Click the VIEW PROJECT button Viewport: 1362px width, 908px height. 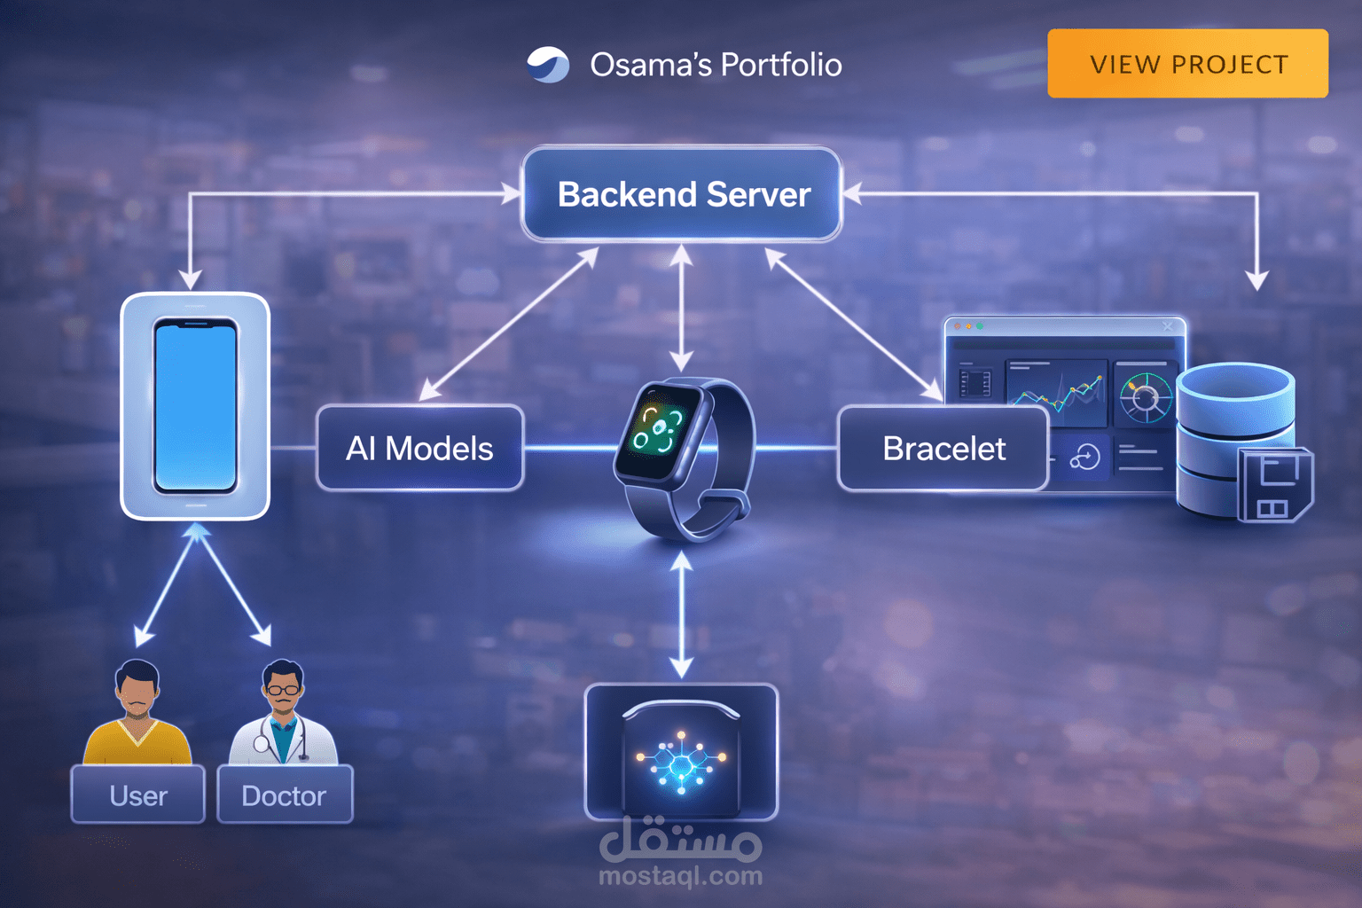point(1187,64)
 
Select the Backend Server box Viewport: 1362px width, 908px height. point(682,194)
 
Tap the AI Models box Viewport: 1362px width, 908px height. point(419,449)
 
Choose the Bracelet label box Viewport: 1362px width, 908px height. point(943,449)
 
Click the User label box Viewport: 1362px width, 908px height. point(138,795)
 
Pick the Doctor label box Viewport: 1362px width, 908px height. point(284,795)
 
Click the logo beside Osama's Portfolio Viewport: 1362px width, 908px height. point(548,65)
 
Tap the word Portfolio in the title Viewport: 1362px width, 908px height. point(780,65)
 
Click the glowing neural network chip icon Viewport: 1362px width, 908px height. point(681,759)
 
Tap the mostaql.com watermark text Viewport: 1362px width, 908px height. point(680,876)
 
